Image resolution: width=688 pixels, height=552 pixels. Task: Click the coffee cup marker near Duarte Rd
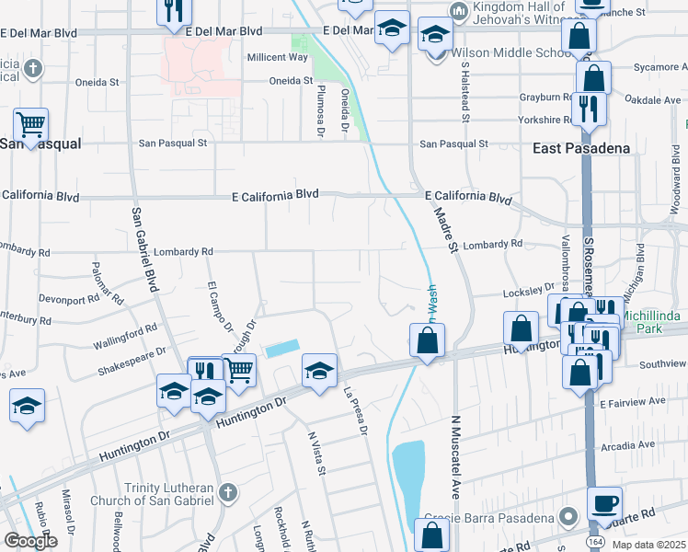point(604,504)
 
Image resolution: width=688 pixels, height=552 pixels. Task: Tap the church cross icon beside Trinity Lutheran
point(227,493)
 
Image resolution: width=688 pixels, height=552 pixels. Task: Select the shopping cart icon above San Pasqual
point(30,124)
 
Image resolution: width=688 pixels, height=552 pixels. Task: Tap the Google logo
point(29,540)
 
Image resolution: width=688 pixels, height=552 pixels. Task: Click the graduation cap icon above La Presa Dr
point(319,371)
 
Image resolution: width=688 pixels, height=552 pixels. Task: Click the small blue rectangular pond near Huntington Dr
point(282,349)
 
